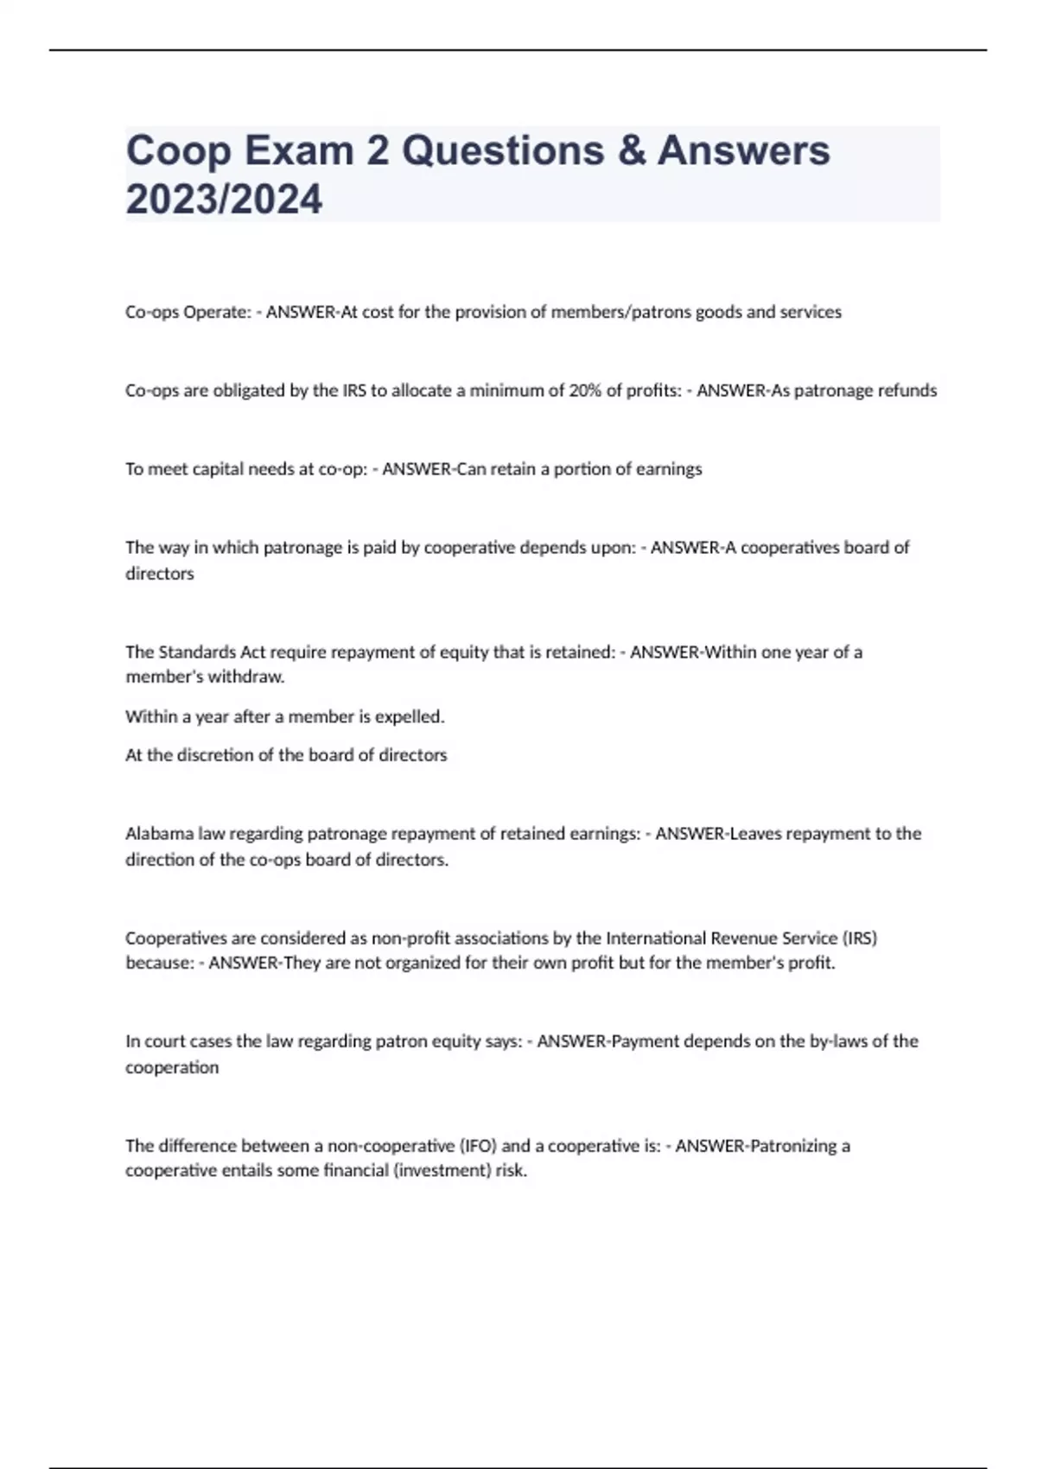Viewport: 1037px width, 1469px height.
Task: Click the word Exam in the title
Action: pyautogui.click(x=299, y=150)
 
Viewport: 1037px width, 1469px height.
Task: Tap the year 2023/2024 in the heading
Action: pyautogui.click(x=224, y=200)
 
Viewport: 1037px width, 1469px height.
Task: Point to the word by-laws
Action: pyautogui.click(x=838, y=1041)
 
